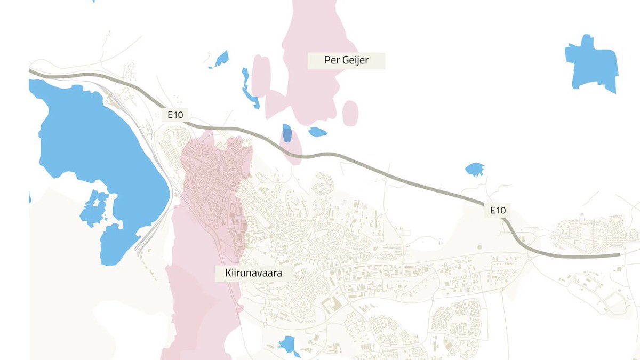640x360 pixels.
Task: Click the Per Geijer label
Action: click(346, 60)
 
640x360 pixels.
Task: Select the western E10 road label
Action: click(174, 114)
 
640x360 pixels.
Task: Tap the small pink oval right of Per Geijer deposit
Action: click(350, 113)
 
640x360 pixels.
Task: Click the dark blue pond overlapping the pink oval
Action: click(287, 133)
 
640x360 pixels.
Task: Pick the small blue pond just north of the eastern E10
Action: click(474, 170)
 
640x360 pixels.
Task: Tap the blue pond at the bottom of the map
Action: click(289, 345)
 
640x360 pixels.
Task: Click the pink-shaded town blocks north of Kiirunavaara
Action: click(213, 171)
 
